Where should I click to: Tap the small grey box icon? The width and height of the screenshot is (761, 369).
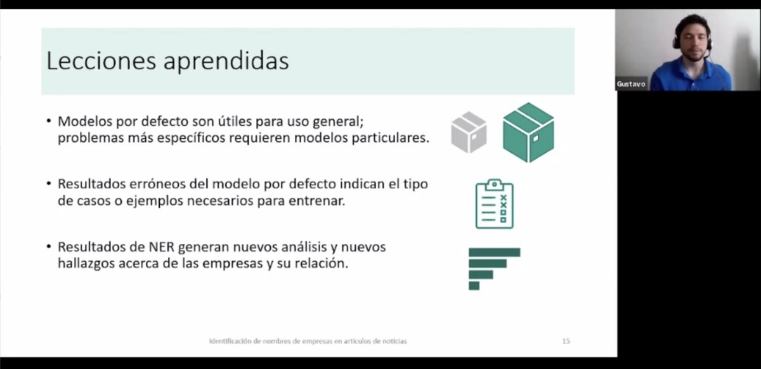click(469, 132)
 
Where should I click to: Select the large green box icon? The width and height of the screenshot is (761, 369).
click(528, 132)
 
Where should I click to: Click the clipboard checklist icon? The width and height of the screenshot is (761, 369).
click(495, 204)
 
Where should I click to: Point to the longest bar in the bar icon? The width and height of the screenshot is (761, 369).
click(494, 252)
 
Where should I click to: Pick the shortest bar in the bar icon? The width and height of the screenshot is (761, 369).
click(474, 285)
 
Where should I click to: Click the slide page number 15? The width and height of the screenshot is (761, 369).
click(566, 341)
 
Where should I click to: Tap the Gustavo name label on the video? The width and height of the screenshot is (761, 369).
click(631, 84)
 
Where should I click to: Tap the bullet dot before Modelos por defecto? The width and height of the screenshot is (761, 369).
click(49, 120)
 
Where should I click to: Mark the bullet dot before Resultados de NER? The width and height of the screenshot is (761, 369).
click(49, 247)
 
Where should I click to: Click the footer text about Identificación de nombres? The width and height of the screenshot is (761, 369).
click(308, 341)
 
